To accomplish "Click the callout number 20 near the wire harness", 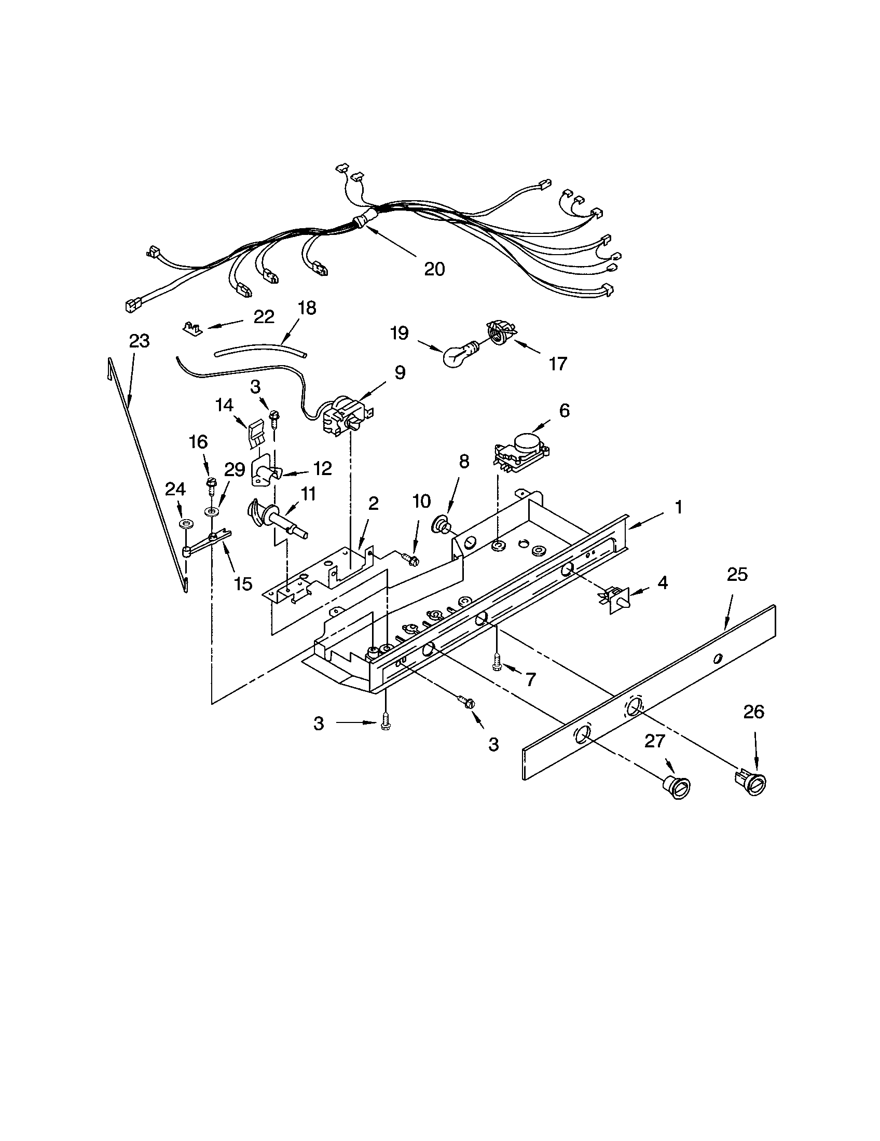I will point(434,269).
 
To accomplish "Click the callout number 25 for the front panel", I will point(737,575).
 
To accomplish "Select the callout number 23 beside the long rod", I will point(139,341).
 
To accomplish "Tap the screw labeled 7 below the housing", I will point(496,663).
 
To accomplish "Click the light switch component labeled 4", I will point(614,600).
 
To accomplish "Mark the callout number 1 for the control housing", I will point(678,507).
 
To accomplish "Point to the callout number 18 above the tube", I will point(307,308).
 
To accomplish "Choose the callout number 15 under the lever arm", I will point(243,583).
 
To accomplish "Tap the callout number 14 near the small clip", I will point(225,405).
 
